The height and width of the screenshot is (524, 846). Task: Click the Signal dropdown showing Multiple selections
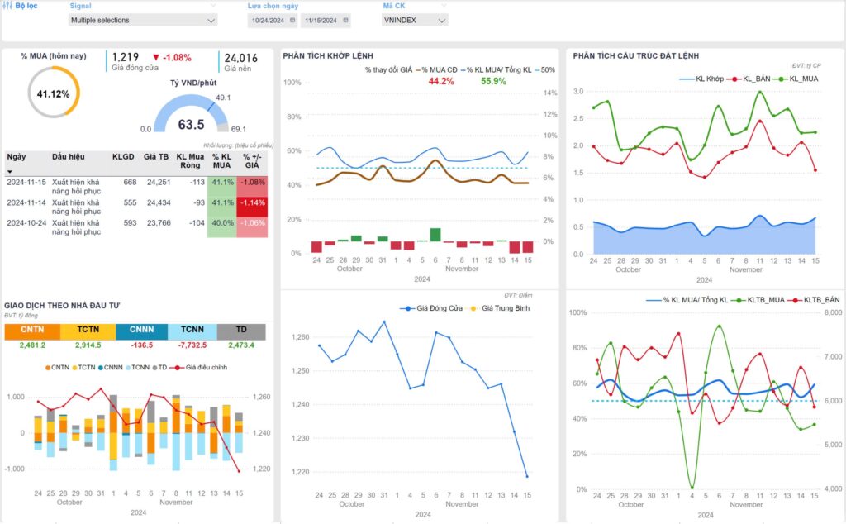142,20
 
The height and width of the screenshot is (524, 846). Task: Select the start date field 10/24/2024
269,20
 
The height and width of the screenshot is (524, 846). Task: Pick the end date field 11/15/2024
321,20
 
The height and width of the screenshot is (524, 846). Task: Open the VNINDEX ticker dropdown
416,20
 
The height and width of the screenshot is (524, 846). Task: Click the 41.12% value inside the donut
54,94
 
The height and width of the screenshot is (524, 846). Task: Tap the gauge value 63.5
191,125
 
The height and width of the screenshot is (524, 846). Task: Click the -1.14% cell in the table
252,202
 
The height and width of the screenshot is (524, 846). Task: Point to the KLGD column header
123,156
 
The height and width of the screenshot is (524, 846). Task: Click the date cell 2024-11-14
26,202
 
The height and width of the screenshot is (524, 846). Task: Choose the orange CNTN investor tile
32,330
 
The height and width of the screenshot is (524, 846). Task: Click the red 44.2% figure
441,81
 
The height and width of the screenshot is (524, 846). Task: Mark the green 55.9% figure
493,81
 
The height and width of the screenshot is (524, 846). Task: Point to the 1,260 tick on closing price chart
300,337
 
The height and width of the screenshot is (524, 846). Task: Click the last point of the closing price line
527,476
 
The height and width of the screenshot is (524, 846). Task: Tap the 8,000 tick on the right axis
832,313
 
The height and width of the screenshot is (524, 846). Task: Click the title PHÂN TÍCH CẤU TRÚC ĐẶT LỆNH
635,55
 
